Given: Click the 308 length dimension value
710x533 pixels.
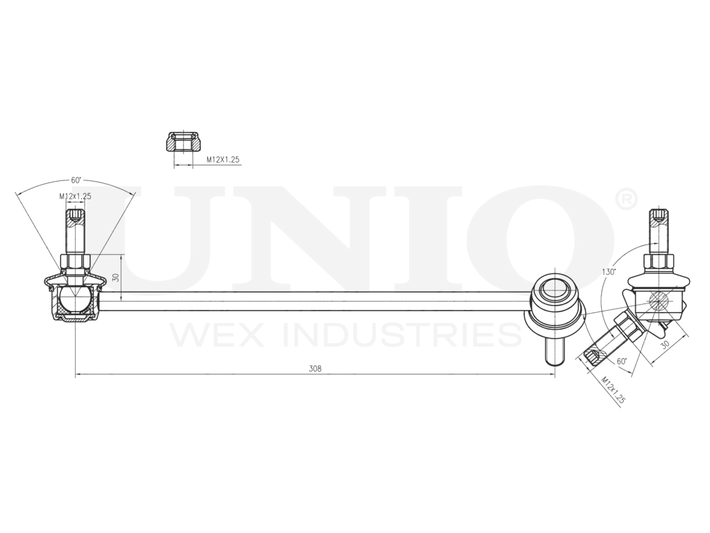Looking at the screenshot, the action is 315,368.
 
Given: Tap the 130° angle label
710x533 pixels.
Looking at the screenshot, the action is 609,272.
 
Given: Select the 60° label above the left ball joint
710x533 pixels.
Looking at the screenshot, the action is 76,180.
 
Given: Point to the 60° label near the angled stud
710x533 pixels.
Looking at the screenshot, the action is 622,361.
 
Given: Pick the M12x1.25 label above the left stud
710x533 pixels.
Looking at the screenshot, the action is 75,196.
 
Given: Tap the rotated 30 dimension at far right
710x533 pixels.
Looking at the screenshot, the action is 666,345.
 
